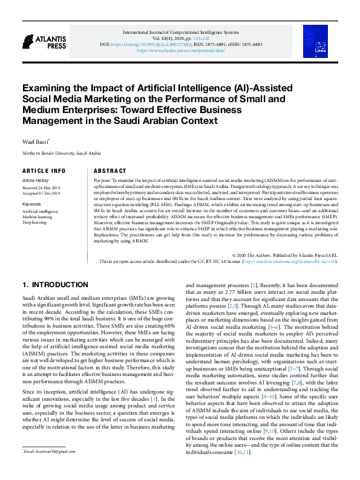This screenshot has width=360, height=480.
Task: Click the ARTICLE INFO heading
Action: pos(44,171)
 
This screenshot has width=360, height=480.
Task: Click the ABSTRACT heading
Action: pos(110,171)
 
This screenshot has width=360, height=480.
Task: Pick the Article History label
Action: pos(36,181)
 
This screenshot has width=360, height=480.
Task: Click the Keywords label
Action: pos(33,204)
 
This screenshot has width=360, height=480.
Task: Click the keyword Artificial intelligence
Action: pos(41,212)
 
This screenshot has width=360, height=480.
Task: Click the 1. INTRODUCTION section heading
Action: pos(55,284)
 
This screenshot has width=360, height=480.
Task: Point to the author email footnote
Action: pos(50,468)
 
